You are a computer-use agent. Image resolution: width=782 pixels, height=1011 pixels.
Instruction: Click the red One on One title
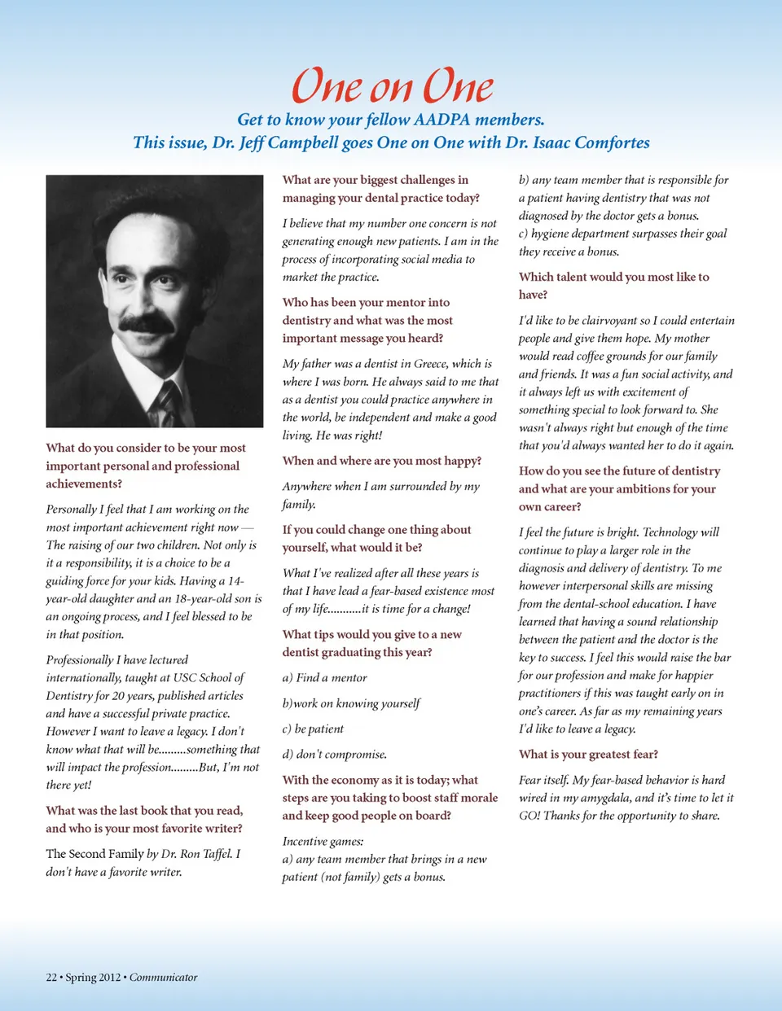[392, 85]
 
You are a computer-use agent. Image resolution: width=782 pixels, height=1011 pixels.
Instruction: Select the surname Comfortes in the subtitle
[612, 142]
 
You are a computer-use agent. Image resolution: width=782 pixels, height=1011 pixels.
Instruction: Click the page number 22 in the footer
[51, 978]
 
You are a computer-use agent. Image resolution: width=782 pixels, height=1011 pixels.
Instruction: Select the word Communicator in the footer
[163, 978]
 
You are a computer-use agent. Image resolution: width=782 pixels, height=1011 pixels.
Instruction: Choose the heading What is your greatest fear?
[588, 755]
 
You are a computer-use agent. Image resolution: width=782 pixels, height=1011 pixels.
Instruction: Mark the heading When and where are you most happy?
[381, 461]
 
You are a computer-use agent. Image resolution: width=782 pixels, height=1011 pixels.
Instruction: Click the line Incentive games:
[323, 842]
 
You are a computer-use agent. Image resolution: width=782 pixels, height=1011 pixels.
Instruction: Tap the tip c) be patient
[313, 729]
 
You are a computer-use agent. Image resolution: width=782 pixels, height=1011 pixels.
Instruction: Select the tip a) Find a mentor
[324, 678]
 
